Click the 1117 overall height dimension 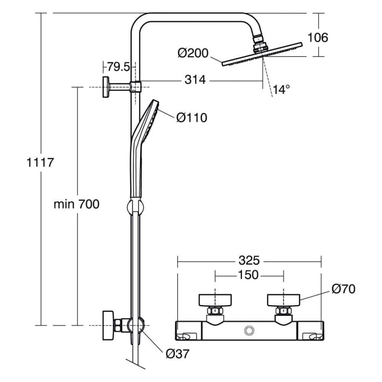coord(40,162)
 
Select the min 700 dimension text coord(76,204)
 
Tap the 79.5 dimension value coord(118,67)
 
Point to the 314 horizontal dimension coord(195,80)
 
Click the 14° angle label coord(281,90)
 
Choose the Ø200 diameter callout coord(193,53)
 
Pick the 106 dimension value coord(318,37)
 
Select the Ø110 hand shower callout coord(191,117)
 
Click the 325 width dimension coord(249,261)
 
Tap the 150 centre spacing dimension coord(249,275)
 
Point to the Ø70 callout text coord(343,289)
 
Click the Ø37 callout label coord(177,354)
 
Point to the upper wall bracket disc coord(105,87)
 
